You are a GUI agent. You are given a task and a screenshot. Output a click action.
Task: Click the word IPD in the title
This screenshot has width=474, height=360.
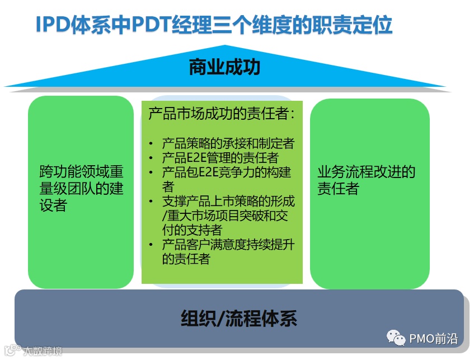[53, 25]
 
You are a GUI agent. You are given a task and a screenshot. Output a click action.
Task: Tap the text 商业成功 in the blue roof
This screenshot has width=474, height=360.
[224, 68]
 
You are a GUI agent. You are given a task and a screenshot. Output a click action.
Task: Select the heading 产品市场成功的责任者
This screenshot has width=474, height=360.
[222, 115]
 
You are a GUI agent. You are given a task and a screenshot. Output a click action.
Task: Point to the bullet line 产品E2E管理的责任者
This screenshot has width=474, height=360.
[220, 158]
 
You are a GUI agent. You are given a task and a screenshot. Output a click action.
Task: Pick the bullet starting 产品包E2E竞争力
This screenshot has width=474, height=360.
[226, 172]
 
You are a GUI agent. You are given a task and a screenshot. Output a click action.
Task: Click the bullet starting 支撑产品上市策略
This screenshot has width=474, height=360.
[228, 202]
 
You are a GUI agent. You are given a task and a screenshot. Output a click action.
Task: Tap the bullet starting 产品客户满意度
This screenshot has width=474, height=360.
[228, 245]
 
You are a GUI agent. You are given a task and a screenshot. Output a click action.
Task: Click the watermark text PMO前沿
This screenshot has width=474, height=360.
[433, 338]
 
